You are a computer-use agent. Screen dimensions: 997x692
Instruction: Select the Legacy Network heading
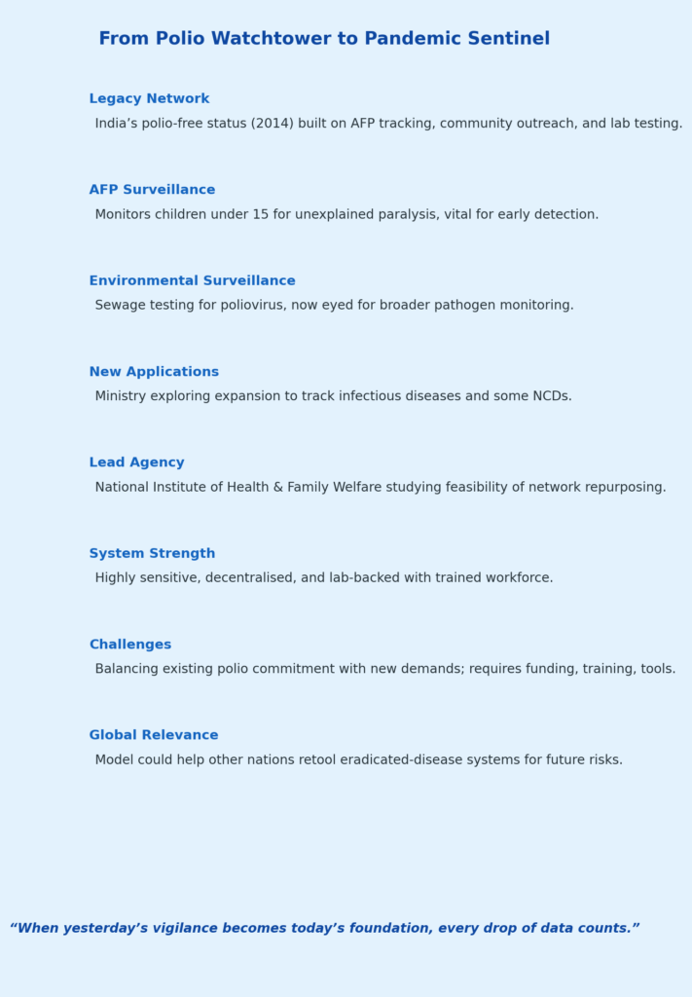point(149,99)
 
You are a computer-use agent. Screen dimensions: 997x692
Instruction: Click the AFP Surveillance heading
point(152,190)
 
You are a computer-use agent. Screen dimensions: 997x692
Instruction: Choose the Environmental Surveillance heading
point(192,281)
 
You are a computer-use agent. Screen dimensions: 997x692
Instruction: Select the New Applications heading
point(154,372)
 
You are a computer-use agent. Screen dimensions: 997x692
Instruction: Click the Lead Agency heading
point(136,462)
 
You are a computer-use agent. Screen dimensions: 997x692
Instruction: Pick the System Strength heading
point(152,554)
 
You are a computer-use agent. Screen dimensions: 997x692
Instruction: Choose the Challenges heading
point(130,645)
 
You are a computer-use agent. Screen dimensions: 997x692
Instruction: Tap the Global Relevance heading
point(154,735)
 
